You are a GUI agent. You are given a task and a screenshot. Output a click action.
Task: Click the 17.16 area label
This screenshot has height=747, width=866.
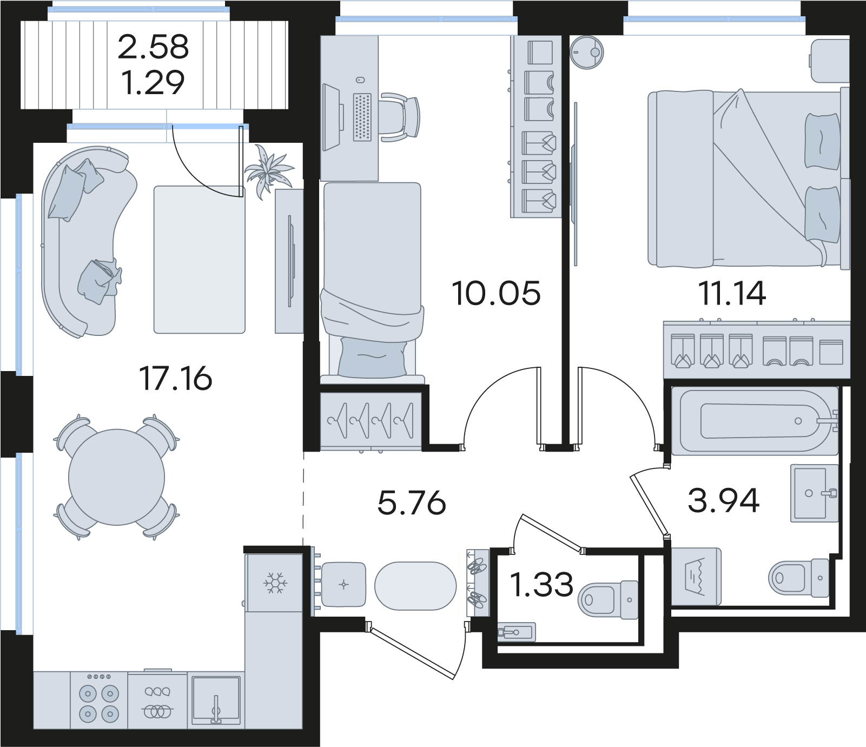(x=176, y=378)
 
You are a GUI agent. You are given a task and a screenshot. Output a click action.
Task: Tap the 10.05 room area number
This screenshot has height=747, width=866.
(x=496, y=293)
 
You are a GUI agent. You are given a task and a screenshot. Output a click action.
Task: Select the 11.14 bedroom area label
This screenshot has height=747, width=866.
(x=732, y=293)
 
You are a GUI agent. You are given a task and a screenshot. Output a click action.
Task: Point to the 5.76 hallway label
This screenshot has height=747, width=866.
(x=412, y=503)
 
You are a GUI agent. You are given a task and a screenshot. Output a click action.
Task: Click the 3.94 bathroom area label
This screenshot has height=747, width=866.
(x=724, y=500)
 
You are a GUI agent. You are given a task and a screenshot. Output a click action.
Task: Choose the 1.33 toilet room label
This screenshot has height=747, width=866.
(x=542, y=585)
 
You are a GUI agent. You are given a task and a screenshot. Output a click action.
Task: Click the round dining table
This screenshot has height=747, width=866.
(x=116, y=477)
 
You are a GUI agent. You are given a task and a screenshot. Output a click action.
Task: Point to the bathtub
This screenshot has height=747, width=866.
(x=755, y=421)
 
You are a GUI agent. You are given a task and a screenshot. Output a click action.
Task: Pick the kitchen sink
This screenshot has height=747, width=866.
(x=216, y=700)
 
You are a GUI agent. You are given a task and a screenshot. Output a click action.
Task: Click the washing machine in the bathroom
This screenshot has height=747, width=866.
(x=696, y=577)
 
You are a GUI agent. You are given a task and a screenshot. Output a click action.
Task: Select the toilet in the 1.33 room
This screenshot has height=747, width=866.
(x=609, y=600)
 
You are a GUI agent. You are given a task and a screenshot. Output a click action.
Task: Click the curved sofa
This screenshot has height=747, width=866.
(x=87, y=241)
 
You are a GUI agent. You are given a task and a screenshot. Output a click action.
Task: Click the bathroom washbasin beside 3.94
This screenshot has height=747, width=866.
(x=815, y=493)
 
